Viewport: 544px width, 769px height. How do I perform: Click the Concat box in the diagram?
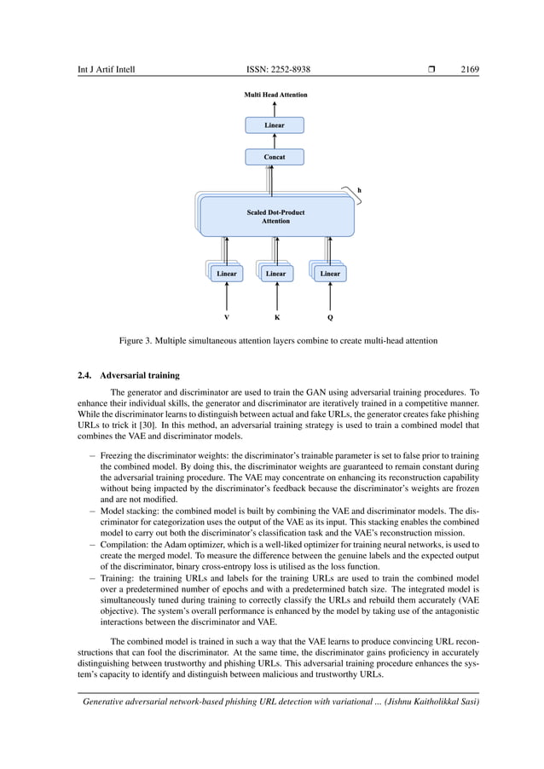274,158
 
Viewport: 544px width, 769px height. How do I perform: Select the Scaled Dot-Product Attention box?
275,217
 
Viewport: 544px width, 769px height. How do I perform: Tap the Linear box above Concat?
274,125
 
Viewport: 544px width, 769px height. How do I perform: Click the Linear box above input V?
226,274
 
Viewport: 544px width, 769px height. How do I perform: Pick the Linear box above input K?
275,274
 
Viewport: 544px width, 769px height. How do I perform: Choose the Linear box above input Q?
329,274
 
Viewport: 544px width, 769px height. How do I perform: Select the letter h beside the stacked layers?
359,190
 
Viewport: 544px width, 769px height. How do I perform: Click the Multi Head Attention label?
275,95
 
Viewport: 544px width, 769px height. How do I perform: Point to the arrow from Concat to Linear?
274,142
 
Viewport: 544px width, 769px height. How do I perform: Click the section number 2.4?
84,374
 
